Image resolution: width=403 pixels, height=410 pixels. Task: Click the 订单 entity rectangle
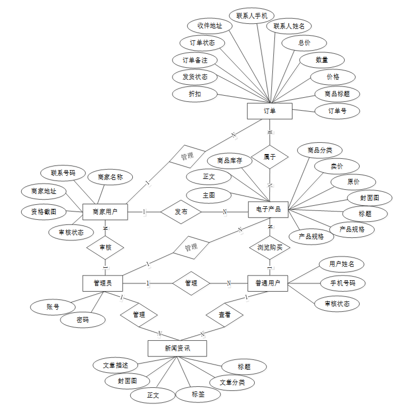[x=270, y=111]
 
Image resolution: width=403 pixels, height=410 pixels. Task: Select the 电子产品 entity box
[x=268, y=209]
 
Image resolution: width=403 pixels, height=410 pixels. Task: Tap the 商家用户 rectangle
[x=105, y=211]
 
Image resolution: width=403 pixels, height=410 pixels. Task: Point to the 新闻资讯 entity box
[x=177, y=348]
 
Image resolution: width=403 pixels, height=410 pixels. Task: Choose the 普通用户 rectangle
[x=268, y=283]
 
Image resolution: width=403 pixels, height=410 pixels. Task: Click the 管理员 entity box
[x=102, y=283]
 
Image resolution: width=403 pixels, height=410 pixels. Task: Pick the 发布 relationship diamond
[x=181, y=212]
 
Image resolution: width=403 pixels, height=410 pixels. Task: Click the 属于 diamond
[x=270, y=157]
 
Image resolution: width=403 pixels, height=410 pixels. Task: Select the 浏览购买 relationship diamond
[x=270, y=247]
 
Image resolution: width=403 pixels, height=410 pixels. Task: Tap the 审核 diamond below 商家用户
[x=105, y=248]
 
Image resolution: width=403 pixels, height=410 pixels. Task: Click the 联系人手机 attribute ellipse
[x=252, y=16]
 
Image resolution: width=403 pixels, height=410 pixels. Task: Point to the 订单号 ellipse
[x=337, y=111]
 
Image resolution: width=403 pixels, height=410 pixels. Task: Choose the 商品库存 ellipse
[x=230, y=161]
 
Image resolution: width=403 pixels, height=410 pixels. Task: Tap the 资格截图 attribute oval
[x=44, y=211]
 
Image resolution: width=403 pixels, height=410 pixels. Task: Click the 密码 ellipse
[x=83, y=320]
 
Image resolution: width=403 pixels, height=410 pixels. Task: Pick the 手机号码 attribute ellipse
[x=342, y=283]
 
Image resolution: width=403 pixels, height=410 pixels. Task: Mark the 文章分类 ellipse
[x=233, y=382]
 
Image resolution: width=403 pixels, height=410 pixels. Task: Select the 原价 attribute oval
[x=353, y=182]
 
